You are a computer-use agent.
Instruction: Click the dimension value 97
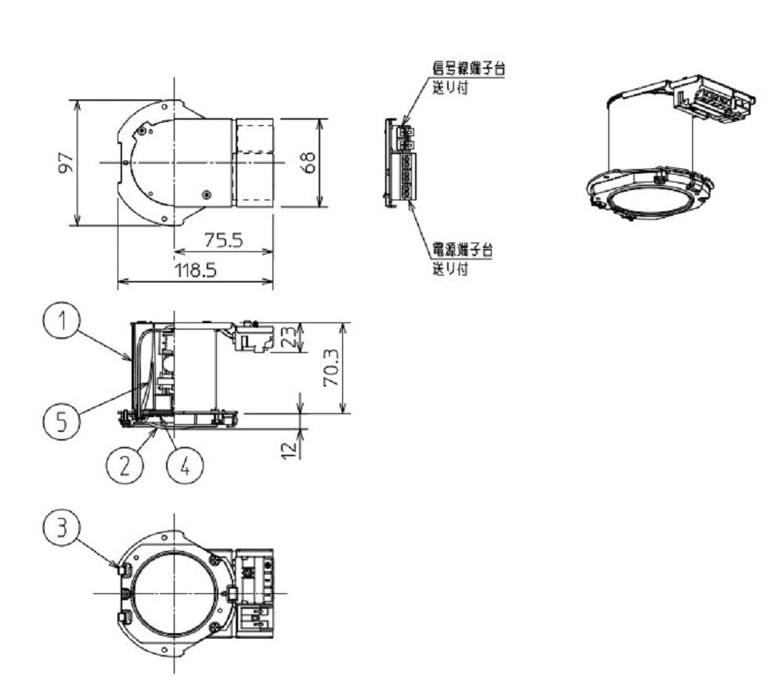[x=66, y=163]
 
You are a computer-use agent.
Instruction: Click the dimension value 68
[x=309, y=162]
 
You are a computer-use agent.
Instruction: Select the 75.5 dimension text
[x=224, y=240]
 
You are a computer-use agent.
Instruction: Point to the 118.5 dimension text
[x=195, y=271]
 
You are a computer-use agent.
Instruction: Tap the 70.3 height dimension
[x=330, y=368]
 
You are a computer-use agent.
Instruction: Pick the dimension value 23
[x=289, y=338]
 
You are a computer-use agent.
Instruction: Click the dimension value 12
[x=289, y=449]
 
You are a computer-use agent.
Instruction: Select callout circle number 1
[x=61, y=321]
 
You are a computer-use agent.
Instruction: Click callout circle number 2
[x=124, y=466]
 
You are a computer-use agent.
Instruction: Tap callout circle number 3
[x=61, y=527]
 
